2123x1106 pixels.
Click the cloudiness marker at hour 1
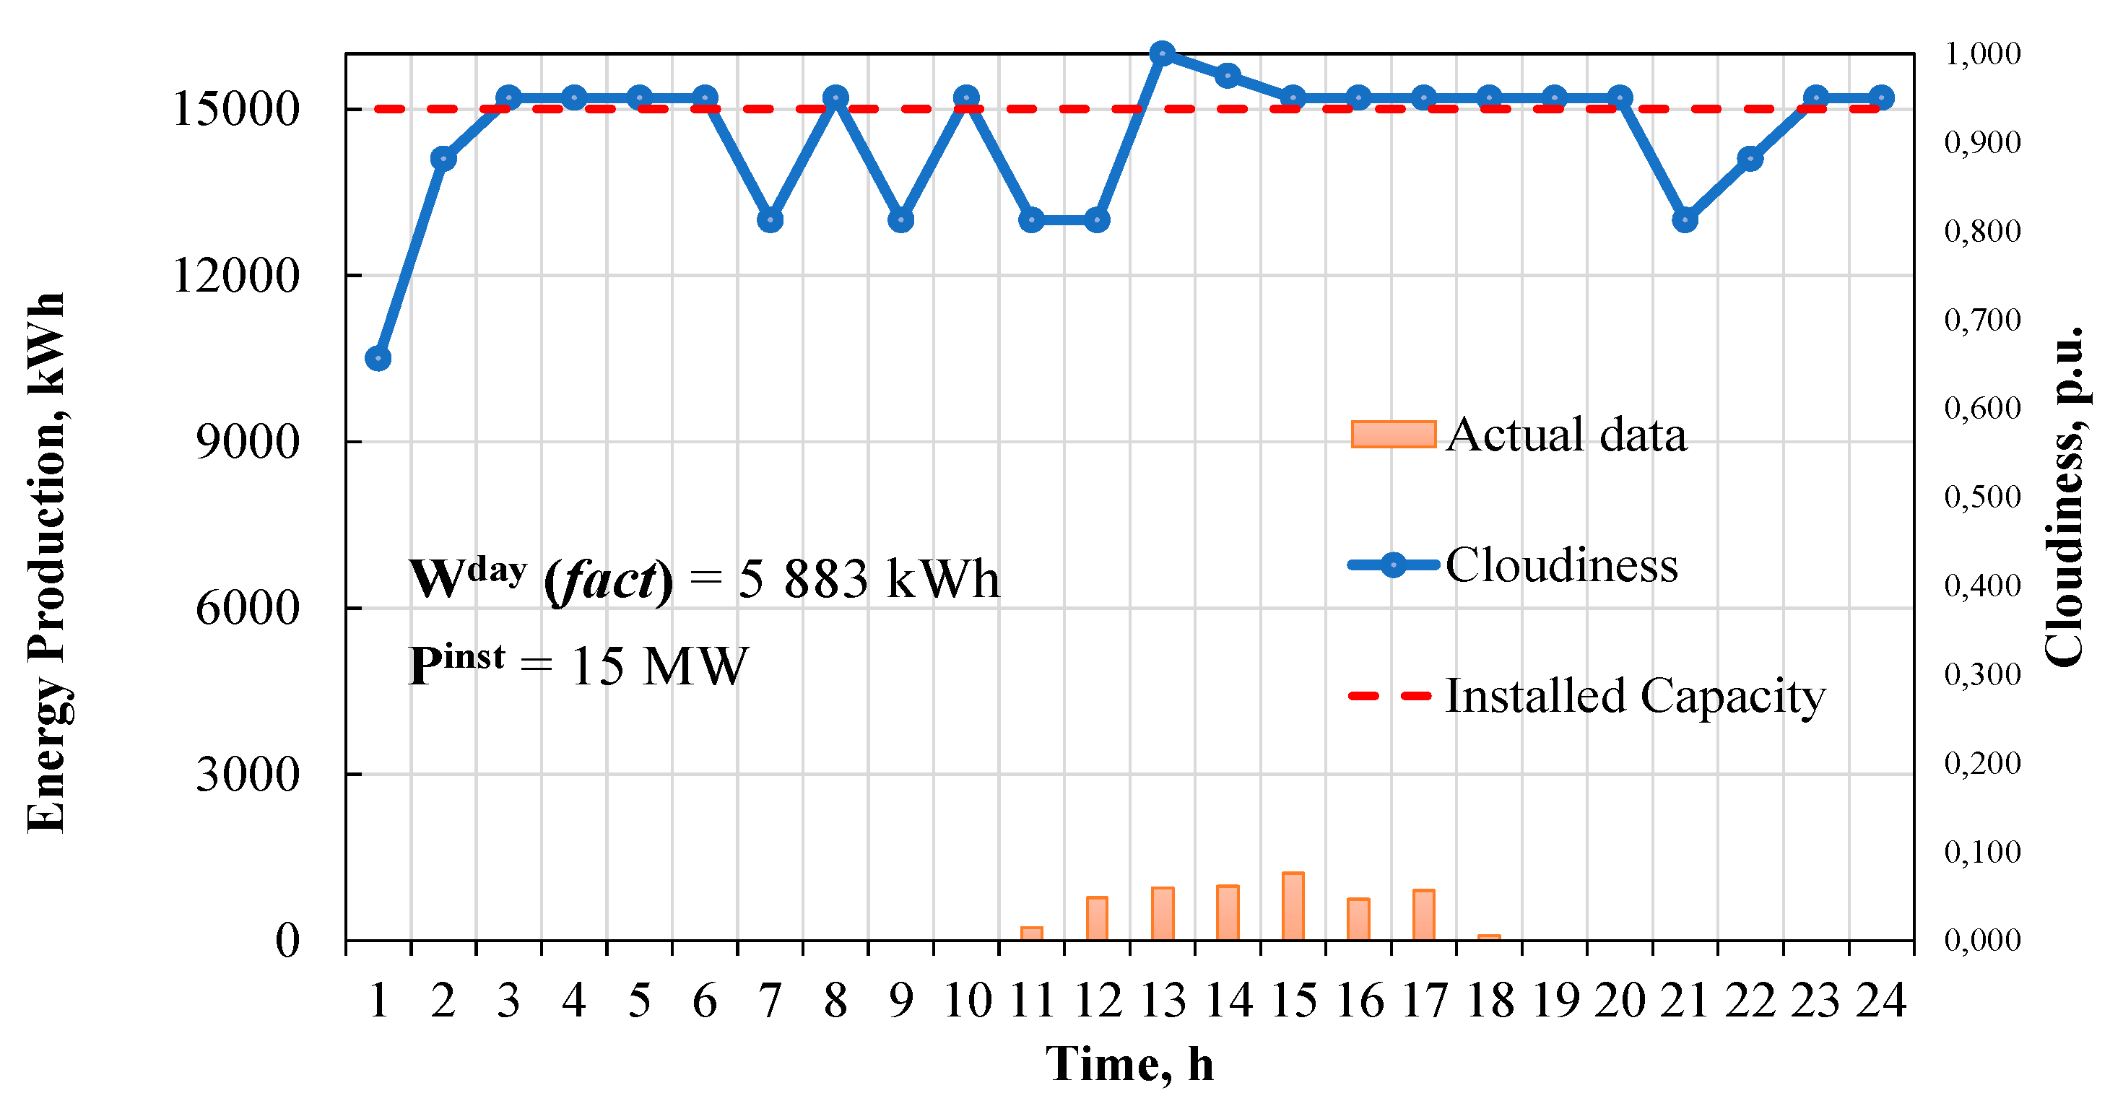tap(378, 359)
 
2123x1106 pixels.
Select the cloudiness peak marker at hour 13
tap(1162, 53)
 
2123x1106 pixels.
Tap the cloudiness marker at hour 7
tap(770, 220)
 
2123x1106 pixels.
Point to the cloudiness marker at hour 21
tap(1685, 220)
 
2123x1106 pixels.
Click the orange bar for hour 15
tap(1293, 906)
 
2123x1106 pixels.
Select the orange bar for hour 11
tap(1032, 933)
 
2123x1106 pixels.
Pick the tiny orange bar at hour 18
tap(1489, 937)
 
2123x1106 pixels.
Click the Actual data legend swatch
tap(1393, 435)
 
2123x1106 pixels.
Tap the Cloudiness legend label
tap(1562, 565)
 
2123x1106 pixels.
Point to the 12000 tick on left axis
tap(235, 275)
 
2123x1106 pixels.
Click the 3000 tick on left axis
tap(247, 774)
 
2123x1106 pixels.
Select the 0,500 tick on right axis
tap(1982, 496)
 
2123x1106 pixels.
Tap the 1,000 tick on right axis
tap(1982, 53)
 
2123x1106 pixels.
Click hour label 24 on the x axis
tap(1882, 1001)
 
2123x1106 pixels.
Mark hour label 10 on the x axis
tap(967, 1001)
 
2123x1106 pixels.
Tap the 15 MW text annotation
tap(659, 666)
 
